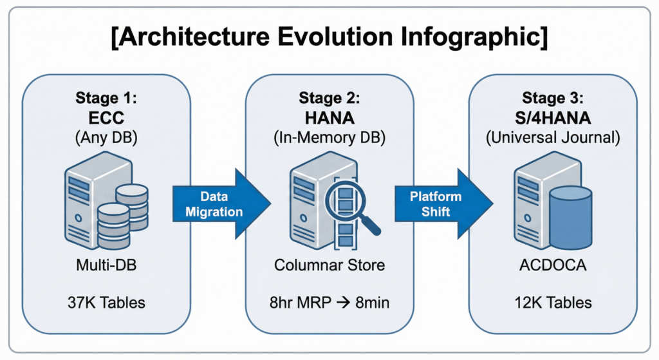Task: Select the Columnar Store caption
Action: point(329,265)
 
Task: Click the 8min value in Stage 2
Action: point(373,302)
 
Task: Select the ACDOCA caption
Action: point(552,265)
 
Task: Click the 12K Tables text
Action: point(552,302)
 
